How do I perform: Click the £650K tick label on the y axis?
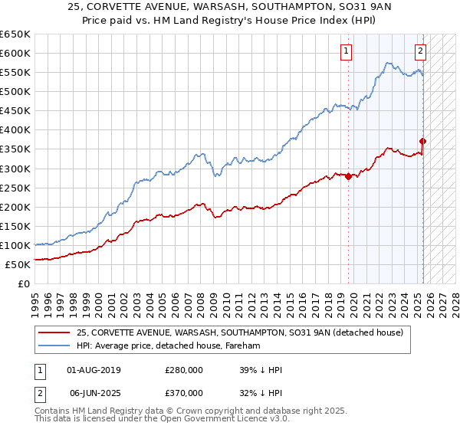[x=15, y=34]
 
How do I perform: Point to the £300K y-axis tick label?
[x=15, y=169]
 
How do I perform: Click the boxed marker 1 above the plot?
[x=347, y=51]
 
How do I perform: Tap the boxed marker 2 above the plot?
[x=421, y=51]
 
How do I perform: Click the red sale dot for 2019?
[x=349, y=176]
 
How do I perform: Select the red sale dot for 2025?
[x=423, y=141]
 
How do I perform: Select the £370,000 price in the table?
[x=184, y=391]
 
